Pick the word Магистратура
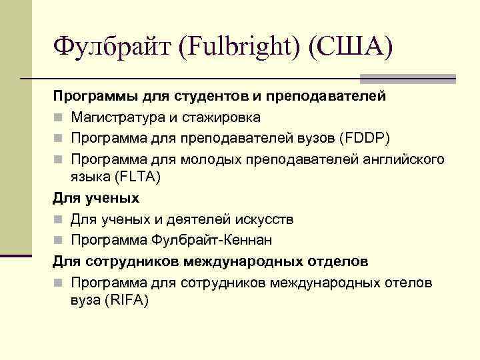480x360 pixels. [119, 117]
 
